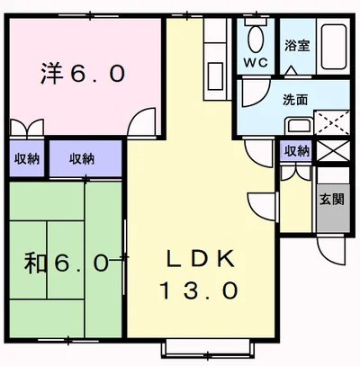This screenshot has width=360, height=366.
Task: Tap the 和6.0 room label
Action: tap(67, 263)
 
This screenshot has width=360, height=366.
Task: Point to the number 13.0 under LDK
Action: tap(201, 290)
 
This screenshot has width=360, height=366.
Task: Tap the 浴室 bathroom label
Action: tap(297, 46)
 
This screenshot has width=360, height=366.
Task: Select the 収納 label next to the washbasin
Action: tap(296, 151)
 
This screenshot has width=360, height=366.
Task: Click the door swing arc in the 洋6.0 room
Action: tap(139, 123)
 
